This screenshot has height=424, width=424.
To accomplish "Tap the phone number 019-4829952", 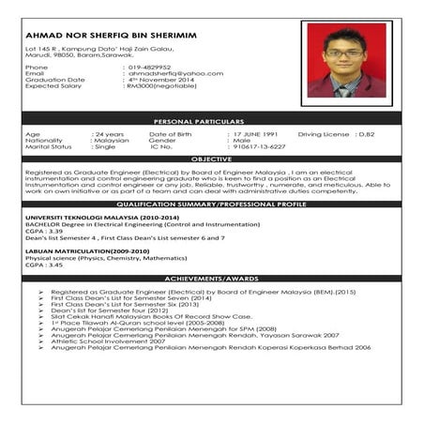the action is pyautogui.click(x=151, y=67).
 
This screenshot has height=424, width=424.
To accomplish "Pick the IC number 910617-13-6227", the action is pyautogui.click(x=260, y=146).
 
